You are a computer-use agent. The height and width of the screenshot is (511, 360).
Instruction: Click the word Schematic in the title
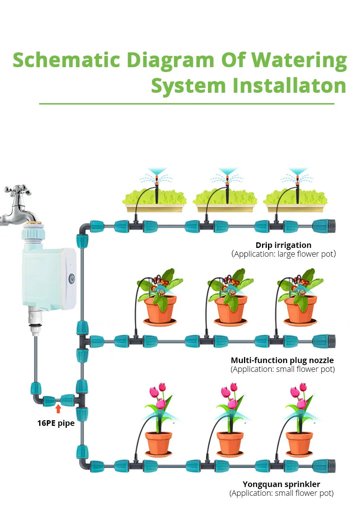(x=66, y=60)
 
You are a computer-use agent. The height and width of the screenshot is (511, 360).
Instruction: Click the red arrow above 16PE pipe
(x=58, y=408)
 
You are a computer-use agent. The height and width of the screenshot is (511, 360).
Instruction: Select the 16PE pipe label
(x=56, y=423)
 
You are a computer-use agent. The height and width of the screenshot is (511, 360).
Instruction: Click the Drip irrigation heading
(x=283, y=245)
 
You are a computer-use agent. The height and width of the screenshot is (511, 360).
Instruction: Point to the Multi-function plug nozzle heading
(x=282, y=360)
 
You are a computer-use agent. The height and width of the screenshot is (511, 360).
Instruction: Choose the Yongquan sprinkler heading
(x=281, y=485)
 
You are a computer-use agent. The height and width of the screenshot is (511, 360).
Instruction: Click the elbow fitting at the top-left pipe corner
(x=83, y=229)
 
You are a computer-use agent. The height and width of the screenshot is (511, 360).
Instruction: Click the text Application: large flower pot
(x=283, y=254)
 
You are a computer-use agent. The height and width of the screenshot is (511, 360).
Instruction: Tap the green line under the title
(x=186, y=104)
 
